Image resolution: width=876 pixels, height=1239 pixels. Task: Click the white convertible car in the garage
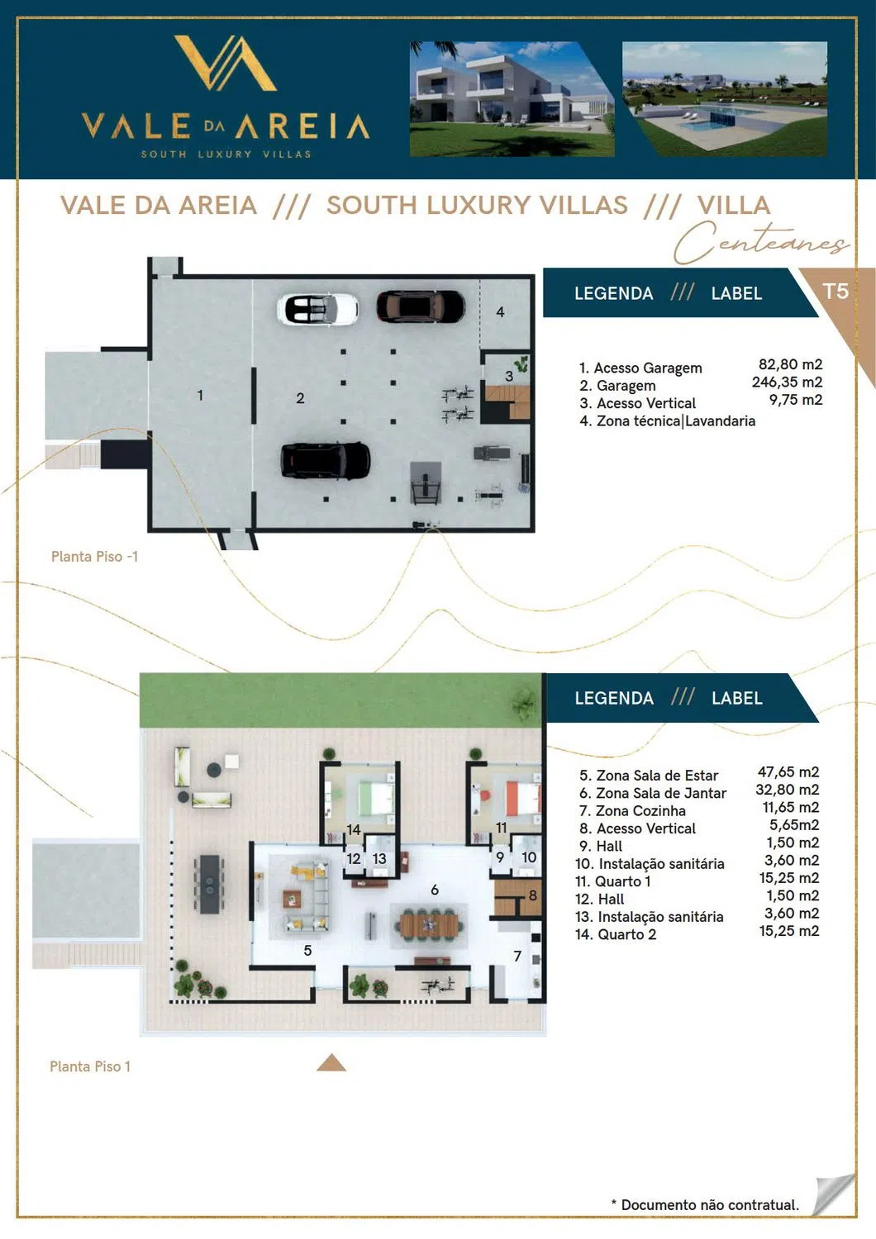click(x=317, y=309)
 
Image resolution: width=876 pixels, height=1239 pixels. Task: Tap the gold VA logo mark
click(x=226, y=63)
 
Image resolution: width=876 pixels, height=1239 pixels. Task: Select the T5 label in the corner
click(x=836, y=291)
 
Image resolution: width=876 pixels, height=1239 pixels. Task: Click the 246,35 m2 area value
click(x=787, y=382)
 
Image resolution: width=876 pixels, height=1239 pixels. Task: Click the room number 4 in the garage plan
click(x=500, y=312)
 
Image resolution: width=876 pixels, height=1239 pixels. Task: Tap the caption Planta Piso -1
click(x=95, y=557)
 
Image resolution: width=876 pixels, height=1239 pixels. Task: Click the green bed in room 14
click(x=377, y=797)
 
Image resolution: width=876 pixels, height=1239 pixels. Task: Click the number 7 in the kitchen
click(x=517, y=956)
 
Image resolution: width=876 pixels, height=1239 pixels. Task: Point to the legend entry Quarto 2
click(x=616, y=934)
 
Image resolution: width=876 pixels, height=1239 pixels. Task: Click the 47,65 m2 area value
click(x=788, y=771)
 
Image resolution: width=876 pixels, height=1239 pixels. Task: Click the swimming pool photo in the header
click(x=725, y=99)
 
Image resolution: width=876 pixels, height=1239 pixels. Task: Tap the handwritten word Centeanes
click(x=761, y=243)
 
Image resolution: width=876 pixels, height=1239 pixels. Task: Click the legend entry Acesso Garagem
click(x=640, y=368)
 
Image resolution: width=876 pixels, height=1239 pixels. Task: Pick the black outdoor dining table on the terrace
click(x=209, y=884)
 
